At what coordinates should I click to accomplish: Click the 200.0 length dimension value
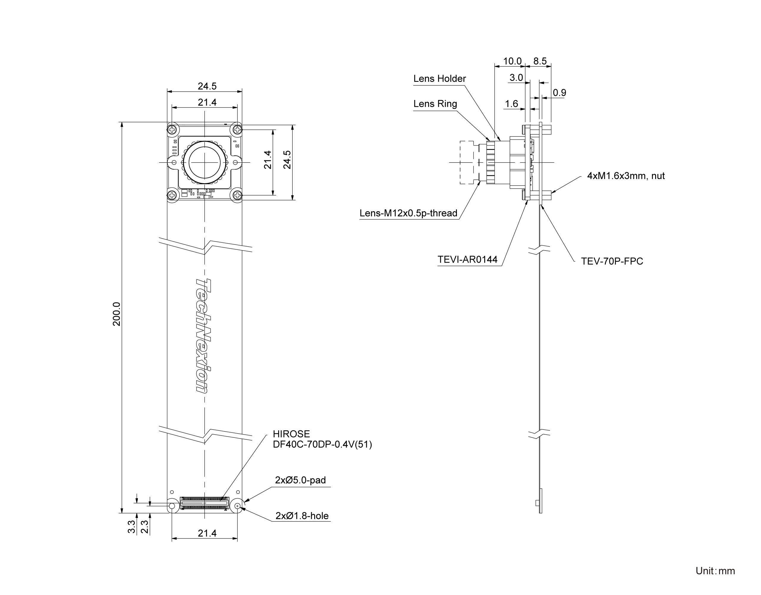[117, 314]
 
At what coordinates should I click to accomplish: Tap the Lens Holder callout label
[439, 79]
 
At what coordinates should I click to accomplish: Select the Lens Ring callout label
[435, 104]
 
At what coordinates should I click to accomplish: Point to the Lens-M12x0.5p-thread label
[408, 213]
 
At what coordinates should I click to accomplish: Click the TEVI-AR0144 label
[467, 259]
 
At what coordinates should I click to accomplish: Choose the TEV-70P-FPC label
[612, 261]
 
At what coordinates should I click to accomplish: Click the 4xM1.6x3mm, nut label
[626, 176]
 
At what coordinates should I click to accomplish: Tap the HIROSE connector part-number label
[322, 439]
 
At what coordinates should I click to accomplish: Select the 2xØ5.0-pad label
[300, 480]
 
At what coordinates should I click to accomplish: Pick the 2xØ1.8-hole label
[302, 516]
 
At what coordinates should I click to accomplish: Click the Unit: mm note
[715, 571]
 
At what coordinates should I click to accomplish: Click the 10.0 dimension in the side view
[512, 61]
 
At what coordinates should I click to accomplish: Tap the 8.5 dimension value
[540, 61]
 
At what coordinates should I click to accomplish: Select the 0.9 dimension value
[559, 93]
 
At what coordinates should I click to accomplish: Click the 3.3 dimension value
[131, 527]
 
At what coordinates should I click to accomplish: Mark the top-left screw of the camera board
[172, 130]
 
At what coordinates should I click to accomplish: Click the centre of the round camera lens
[205, 162]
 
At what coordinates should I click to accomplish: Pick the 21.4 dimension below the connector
[207, 533]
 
